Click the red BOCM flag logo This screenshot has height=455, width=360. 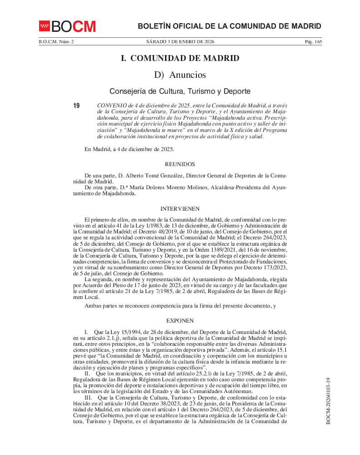pyautogui.click(x=44, y=26)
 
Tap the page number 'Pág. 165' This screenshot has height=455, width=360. pyautogui.click(x=313, y=42)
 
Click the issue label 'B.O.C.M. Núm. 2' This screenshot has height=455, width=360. pyautogui.click(x=56, y=42)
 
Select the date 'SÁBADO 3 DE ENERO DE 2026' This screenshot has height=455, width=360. pyautogui.click(x=180, y=42)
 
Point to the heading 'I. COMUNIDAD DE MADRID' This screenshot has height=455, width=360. pyautogui.click(x=180, y=58)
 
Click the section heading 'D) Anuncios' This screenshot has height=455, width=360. pyautogui.click(x=180, y=75)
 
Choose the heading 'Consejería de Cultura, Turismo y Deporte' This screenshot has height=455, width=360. pyautogui.click(x=180, y=91)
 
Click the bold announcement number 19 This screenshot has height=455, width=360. pyautogui.click(x=76, y=106)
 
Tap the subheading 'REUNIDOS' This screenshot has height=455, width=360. pyautogui.click(x=180, y=164)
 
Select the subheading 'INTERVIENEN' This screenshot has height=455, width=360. pyautogui.click(x=180, y=209)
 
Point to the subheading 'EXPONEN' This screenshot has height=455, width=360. pyautogui.click(x=180, y=321)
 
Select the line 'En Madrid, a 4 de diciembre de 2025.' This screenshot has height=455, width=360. pyautogui.click(x=129, y=149)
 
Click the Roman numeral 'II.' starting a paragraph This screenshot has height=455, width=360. pyautogui.click(x=88, y=373)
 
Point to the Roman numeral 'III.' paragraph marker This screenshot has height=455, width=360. pyautogui.click(x=89, y=397)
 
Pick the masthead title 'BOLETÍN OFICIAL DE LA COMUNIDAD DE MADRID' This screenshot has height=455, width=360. pyautogui.click(x=229, y=26)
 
